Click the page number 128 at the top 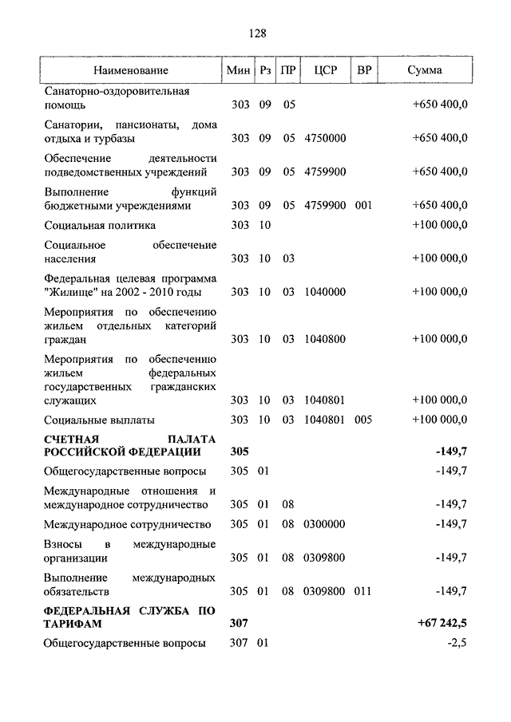click(x=256, y=34)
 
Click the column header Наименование click(x=131, y=71)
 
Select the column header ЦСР click(x=327, y=71)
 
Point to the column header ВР click(x=364, y=71)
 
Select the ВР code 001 click(x=364, y=205)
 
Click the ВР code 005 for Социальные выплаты click(x=364, y=420)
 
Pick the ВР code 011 click(x=364, y=591)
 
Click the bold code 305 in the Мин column click(x=240, y=452)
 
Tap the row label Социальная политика click(x=100, y=225)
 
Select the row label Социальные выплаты click(x=99, y=420)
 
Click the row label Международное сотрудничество click(x=128, y=524)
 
